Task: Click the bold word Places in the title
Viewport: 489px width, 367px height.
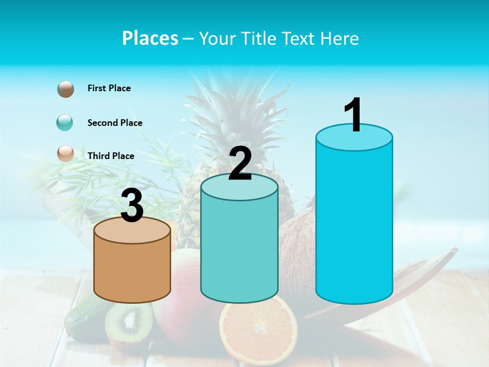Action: (x=150, y=38)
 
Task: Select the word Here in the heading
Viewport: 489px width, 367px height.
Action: (x=342, y=38)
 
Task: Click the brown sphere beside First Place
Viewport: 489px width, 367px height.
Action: (x=66, y=89)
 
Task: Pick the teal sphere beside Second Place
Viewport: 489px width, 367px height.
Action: (x=65, y=123)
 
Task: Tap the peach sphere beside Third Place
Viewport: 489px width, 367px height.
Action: (x=66, y=153)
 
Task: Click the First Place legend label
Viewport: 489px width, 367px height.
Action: (x=109, y=88)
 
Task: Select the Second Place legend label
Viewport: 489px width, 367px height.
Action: (x=115, y=123)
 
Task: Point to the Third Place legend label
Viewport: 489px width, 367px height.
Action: (x=111, y=156)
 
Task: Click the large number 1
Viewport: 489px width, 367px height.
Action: (x=354, y=115)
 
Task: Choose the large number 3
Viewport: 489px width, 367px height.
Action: (x=132, y=206)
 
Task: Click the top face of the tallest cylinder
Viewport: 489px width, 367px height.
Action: (x=354, y=138)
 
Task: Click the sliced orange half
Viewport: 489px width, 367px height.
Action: (x=258, y=329)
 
